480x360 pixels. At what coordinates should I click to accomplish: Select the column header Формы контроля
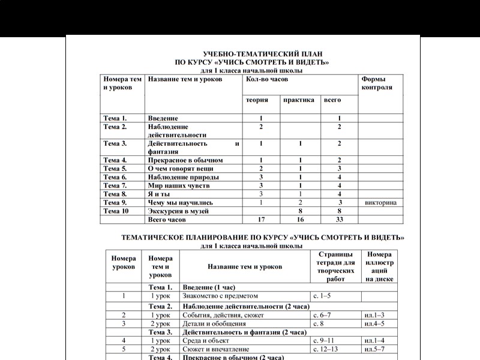click(x=373, y=83)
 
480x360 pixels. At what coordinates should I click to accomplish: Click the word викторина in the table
click(x=380, y=203)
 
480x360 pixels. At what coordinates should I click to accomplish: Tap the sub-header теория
click(x=257, y=100)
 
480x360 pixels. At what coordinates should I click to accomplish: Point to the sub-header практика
click(x=299, y=100)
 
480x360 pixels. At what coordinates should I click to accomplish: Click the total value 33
click(x=340, y=220)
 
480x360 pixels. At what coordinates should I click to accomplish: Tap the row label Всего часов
click(x=169, y=220)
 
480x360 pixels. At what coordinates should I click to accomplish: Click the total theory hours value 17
click(x=261, y=220)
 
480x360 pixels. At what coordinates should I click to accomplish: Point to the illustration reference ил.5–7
click(x=376, y=349)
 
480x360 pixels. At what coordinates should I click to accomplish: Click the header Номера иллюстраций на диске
click(x=379, y=266)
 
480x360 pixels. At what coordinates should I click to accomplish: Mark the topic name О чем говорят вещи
click(x=180, y=169)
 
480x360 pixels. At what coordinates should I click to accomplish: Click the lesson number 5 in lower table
click(x=123, y=349)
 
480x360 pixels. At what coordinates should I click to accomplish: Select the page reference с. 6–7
click(x=324, y=315)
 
